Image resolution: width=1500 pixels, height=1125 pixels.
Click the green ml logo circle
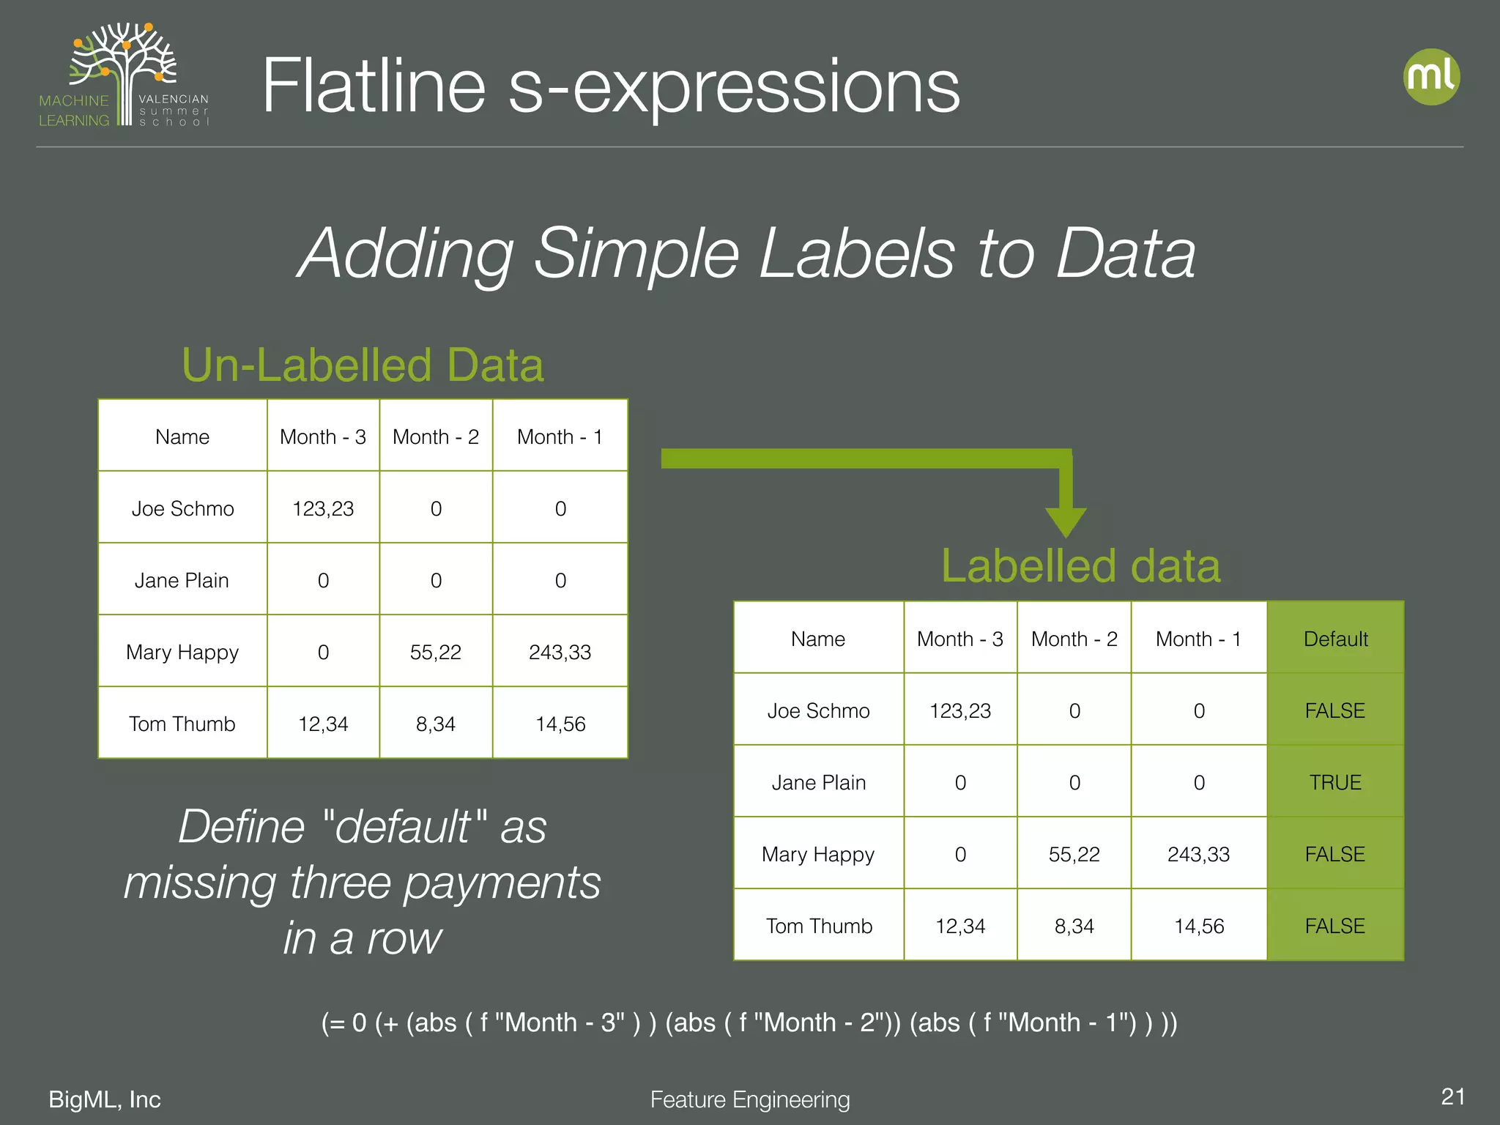tap(1431, 77)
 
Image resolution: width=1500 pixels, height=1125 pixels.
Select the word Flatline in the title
tap(374, 86)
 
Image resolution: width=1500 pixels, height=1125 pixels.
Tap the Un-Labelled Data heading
tap(363, 365)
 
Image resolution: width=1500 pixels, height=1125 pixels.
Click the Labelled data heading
tap(1080, 566)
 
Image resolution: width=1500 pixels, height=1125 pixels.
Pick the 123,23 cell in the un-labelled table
tap(323, 508)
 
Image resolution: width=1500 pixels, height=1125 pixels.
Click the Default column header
tap(1335, 639)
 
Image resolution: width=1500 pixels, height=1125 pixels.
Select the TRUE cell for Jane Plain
tap(1335, 782)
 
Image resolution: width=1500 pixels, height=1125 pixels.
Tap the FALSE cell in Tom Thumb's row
tap(1335, 926)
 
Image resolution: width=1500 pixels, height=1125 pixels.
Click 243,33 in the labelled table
tap(1198, 854)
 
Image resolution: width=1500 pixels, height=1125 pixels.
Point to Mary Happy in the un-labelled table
tap(182, 652)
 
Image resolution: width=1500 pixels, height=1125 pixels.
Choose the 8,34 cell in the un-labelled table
tap(436, 724)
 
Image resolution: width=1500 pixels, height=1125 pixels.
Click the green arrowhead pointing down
tap(1066, 522)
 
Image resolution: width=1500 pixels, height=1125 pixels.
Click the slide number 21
tap(1452, 1096)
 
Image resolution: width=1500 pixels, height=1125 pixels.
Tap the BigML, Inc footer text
tap(105, 1099)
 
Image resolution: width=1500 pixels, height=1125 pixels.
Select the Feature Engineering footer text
tap(750, 1099)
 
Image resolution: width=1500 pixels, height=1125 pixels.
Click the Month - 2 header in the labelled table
tap(1074, 639)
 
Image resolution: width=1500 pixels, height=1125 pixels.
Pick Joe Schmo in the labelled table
tap(818, 710)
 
